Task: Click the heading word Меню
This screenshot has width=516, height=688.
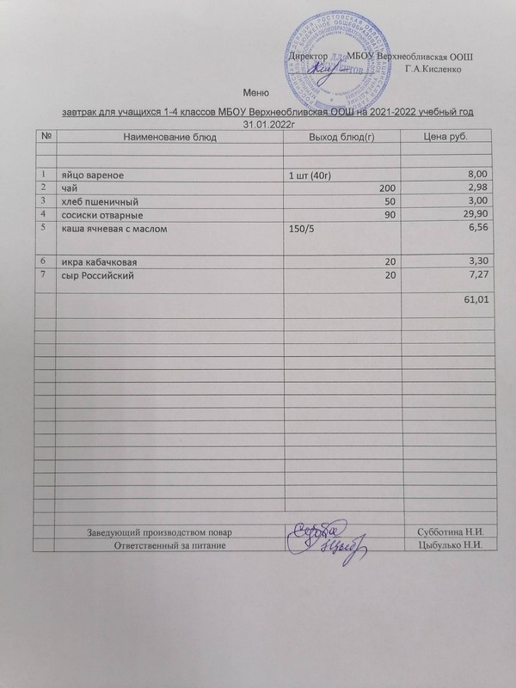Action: click(258, 93)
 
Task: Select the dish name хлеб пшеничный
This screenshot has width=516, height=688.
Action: click(95, 200)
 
